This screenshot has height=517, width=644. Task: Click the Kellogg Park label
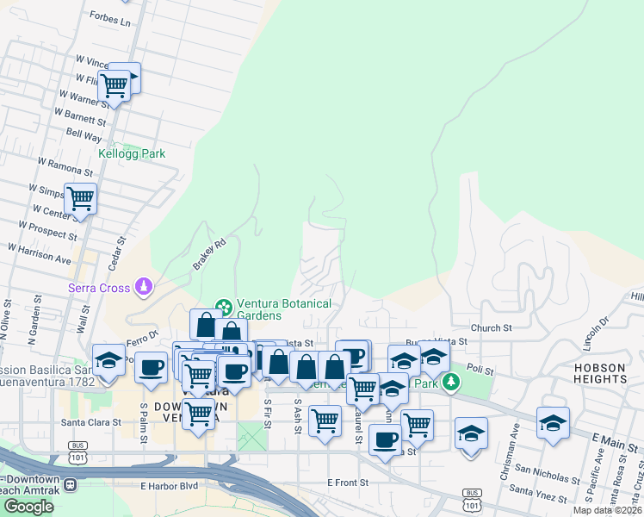[131, 153]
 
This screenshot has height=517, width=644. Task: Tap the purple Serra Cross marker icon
[146, 286]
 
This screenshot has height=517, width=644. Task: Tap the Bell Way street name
[84, 135]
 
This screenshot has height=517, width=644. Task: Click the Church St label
[492, 327]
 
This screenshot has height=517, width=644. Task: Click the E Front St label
[348, 483]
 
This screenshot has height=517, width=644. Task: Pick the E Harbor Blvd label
[169, 486]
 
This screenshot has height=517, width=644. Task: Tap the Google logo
[28, 507]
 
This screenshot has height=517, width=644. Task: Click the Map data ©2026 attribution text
[608, 510]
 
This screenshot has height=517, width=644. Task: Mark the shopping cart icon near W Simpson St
[80, 199]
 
